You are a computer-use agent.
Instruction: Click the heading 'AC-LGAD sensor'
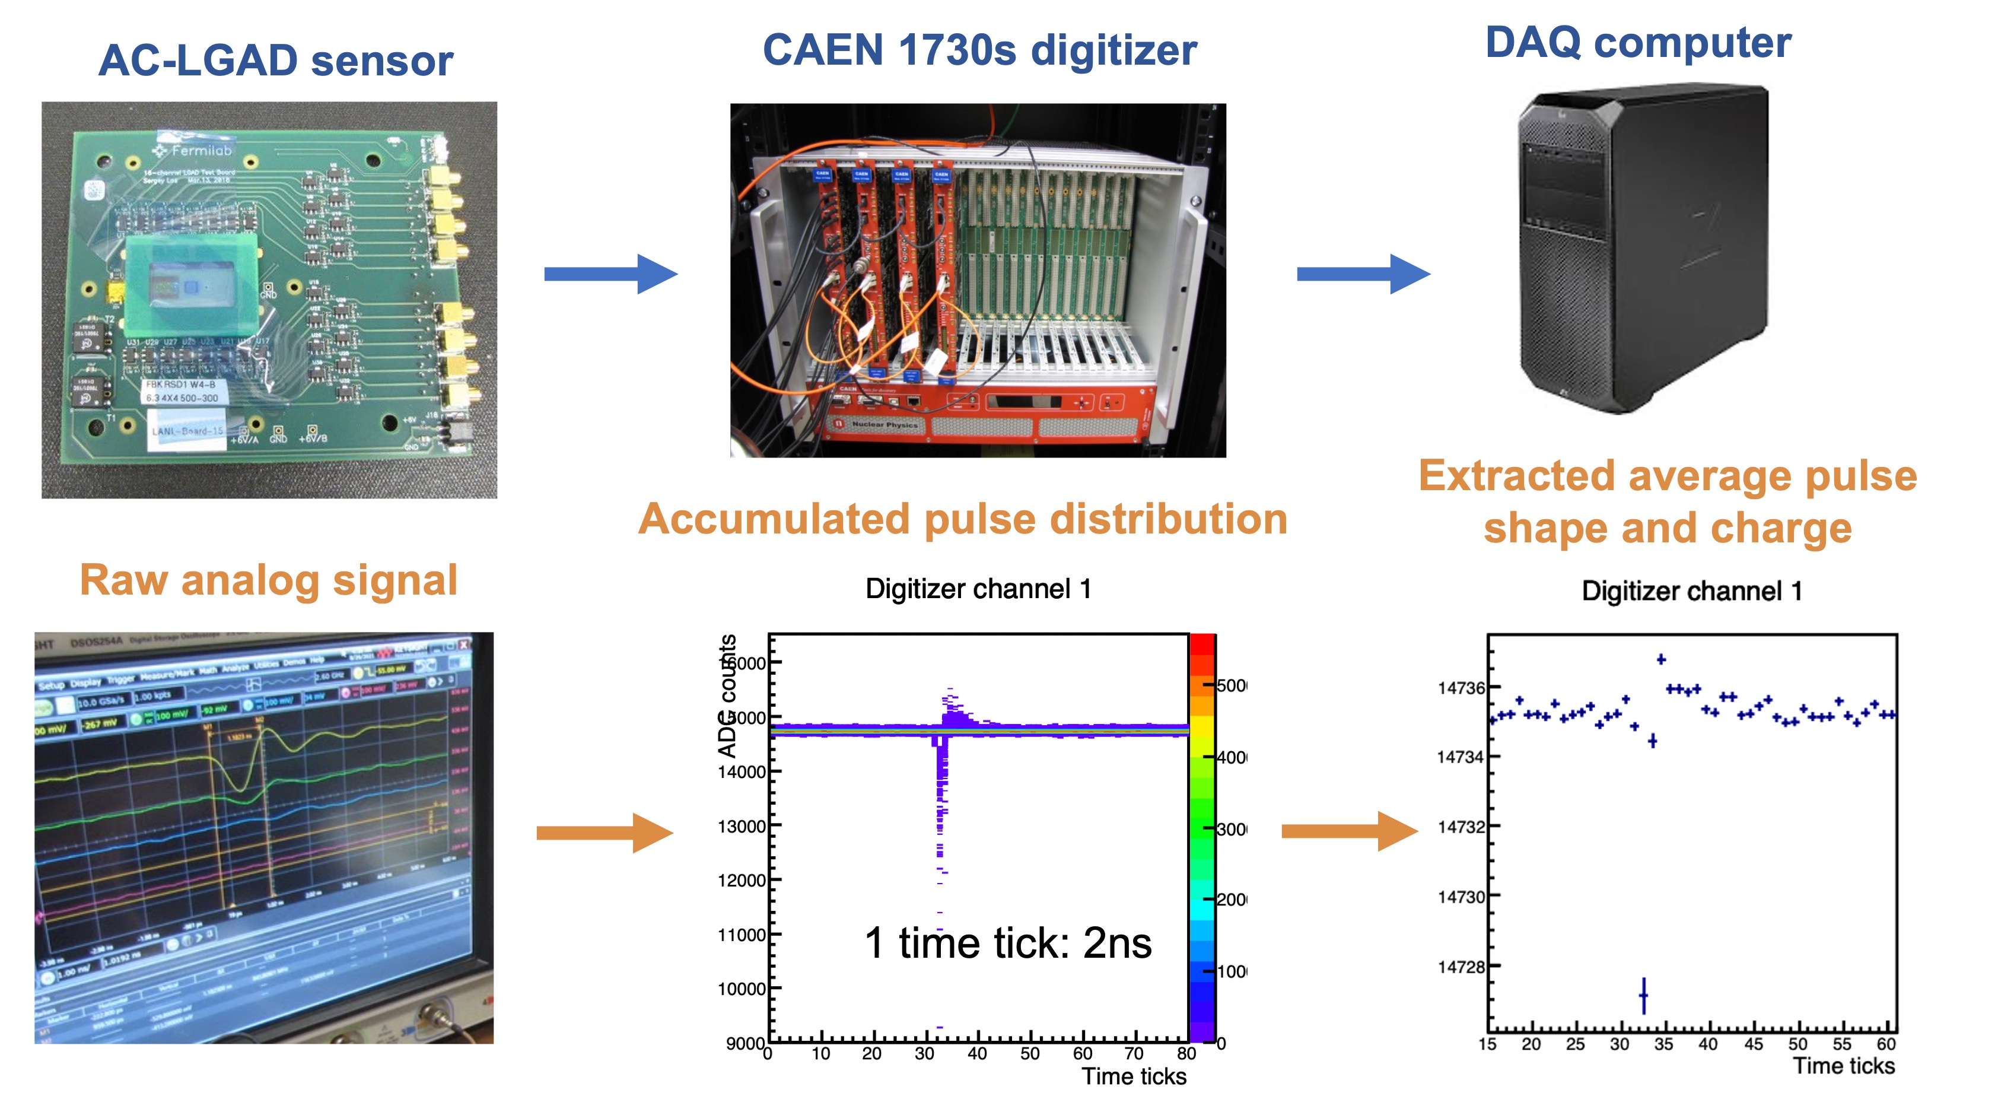click(x=275, y=61)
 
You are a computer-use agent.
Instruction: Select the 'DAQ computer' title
click(x=1637, y=42)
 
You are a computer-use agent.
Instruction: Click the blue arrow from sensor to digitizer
click(x=610, y=274)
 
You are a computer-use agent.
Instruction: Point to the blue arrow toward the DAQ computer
click(x=1363, y=274)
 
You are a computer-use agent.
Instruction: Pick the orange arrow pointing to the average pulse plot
click(x=1349, y=831)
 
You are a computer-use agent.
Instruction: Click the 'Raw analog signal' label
click(x=268, y=580)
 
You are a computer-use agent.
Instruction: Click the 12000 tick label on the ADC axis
click(x=741, y=881)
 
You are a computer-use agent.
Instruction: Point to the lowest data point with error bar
click(x=1643, y=995)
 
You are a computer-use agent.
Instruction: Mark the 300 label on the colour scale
click(x=1232, y=829)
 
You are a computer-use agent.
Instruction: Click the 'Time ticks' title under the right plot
click(x=1844, y=1066)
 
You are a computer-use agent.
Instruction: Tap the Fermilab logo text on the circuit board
click(x=201, y=151)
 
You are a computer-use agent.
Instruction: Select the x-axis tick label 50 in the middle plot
click(x=1029, y=1053)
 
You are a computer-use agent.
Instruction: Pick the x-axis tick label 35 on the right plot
click(x=1663, y=1044)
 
